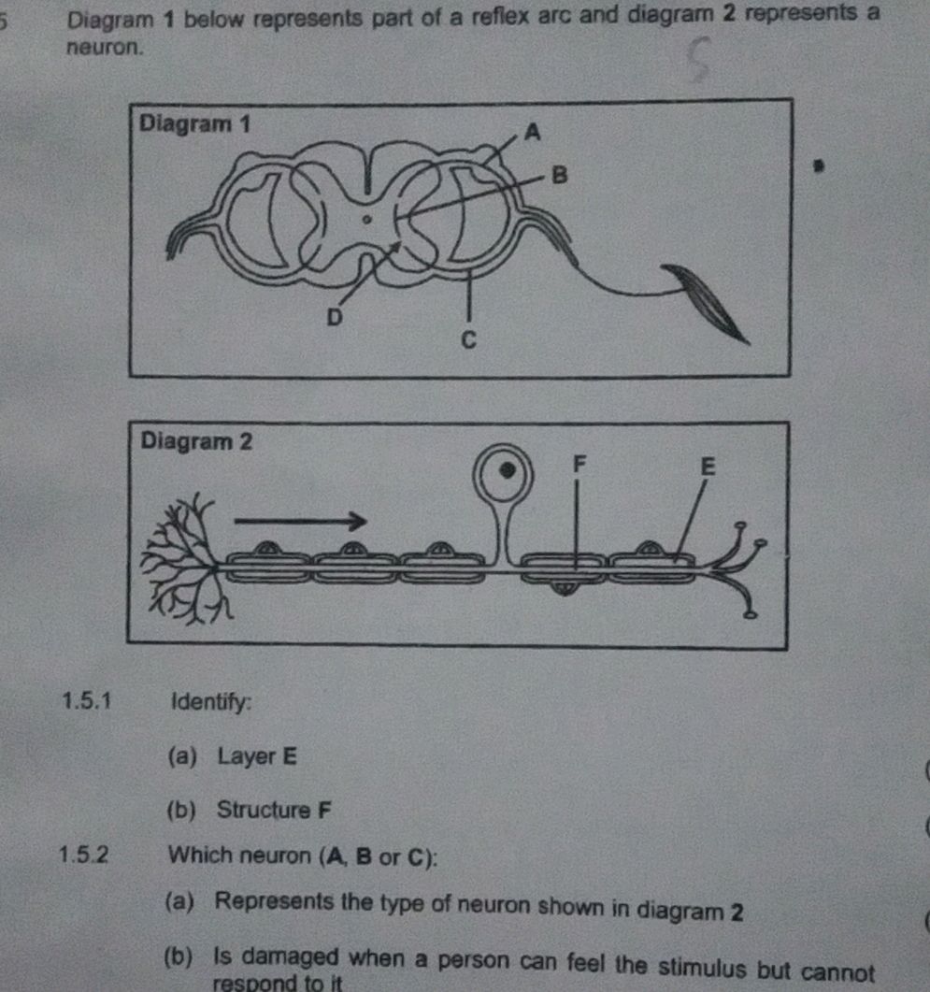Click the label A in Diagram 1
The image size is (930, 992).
coord(533,133)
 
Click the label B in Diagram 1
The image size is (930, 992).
coord(560,175)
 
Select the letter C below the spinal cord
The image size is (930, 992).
coord(470,338)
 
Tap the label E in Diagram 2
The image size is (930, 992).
coord(707,467)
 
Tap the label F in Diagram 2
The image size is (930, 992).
coord(578,461)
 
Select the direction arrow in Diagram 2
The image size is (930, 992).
coord(298,520)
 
